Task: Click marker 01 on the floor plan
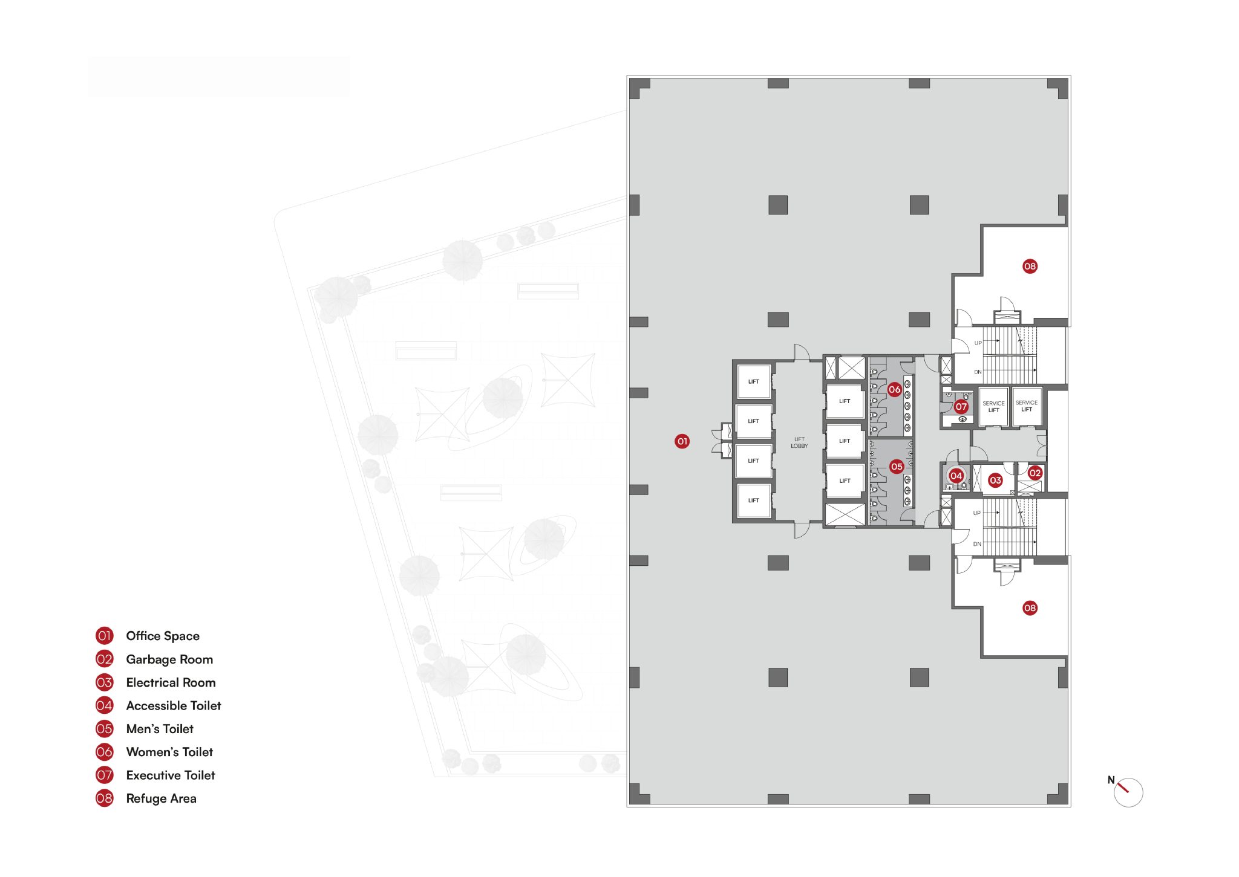[682, 441]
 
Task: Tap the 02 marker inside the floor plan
[1035, 473]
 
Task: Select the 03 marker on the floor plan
[995, 481]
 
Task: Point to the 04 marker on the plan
[956, 476]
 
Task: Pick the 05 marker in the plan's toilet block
[897, 467]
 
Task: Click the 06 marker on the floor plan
[895, 390]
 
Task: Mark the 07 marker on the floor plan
[961, 407]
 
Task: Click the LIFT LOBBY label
[799, 443]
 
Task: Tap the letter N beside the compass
[1111, 780]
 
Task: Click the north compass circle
[1129, 807]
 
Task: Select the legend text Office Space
[163, 636]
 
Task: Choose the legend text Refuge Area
[161, 798]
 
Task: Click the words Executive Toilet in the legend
[171, 775]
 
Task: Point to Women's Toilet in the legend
[169, 752]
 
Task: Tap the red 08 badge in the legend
[105, 798]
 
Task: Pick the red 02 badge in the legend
[105, 659]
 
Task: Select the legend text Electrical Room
[171, 682]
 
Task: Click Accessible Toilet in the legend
[174, 705]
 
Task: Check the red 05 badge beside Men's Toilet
[105, 728]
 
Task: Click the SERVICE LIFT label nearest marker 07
[993, 407]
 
